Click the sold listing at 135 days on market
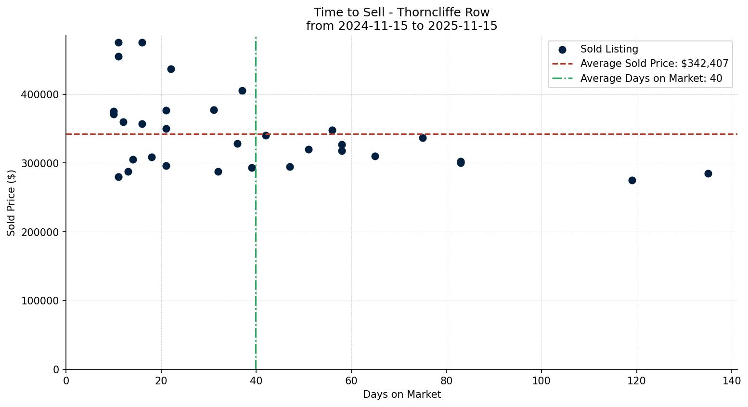[708, 173]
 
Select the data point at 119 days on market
[632, 180]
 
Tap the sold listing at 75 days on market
[423, 138]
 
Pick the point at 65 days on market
[375, 156]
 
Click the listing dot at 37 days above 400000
[242, 91]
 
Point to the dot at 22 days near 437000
[171, 69]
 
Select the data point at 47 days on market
[290, 167]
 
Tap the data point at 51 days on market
[309, 149]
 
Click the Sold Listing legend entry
[609, 49]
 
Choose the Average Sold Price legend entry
[654, 64]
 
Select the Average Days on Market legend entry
[651, 79]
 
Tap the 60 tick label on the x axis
[351, 381]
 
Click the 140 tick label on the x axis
[732, 381]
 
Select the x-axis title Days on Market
[402, 394]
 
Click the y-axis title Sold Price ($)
[12, 203]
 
